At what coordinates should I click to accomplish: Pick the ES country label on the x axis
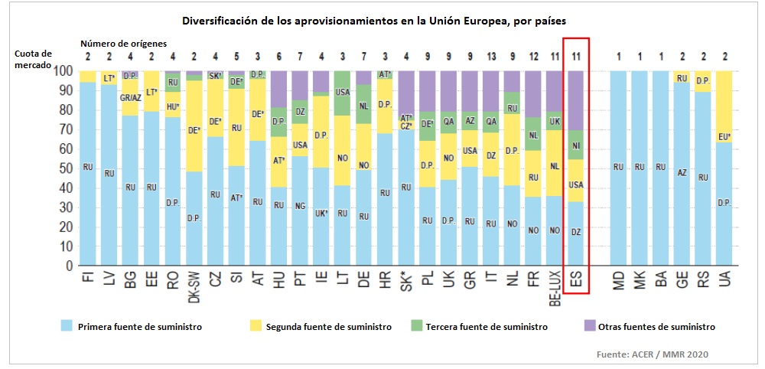pos(575,282)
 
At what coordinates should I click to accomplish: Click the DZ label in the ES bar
pos(576,232)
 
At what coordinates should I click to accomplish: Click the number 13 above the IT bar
pos(490,56)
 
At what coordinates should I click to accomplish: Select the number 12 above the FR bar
pos(533,56)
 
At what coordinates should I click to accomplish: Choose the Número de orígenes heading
pos(123,43)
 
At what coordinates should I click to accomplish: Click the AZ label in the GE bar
pos(682,173)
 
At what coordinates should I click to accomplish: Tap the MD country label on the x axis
pos(620,281)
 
